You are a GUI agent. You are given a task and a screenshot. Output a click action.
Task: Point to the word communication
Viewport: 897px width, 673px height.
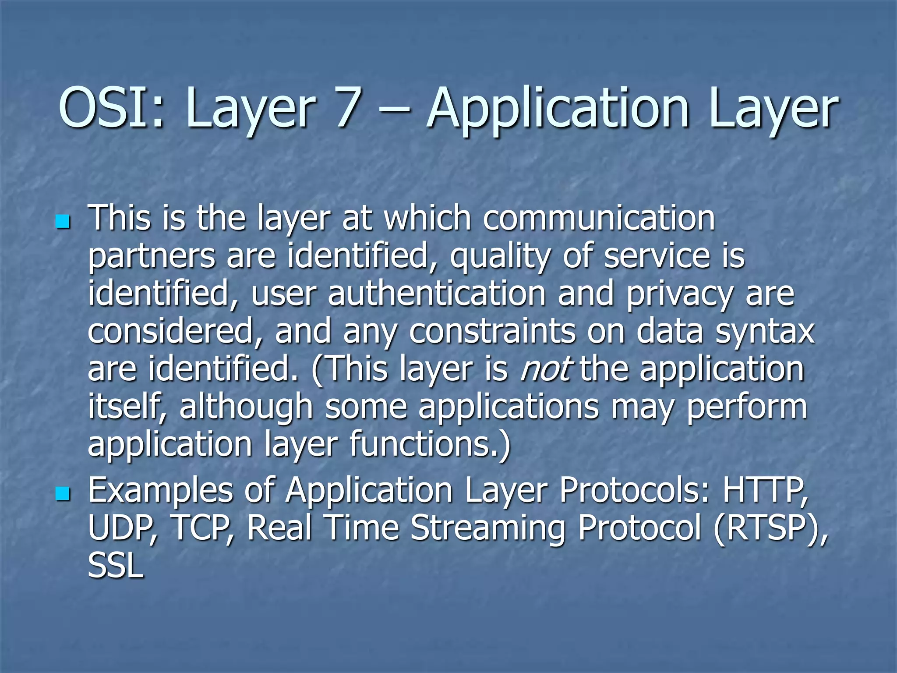click(x=599, y=218)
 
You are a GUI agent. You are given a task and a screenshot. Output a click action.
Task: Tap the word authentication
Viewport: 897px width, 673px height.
click(x=437, y=294)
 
